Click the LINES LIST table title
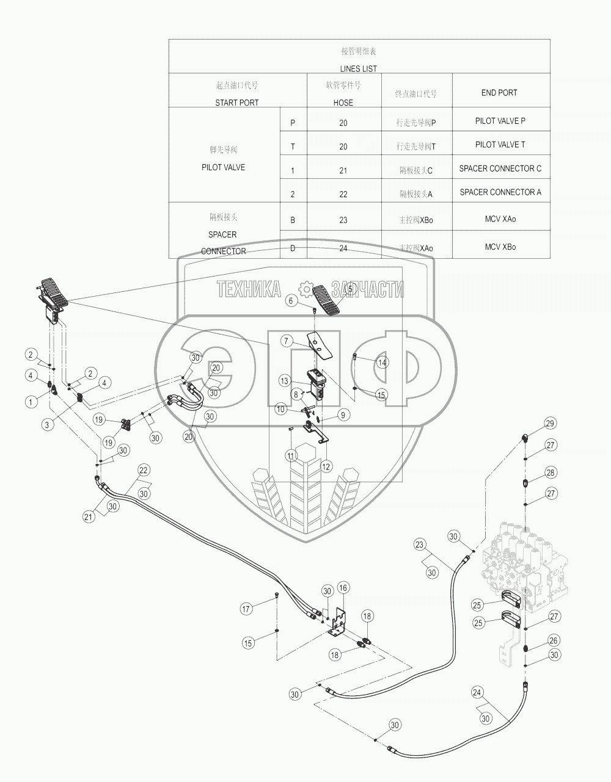[x=358, y=69]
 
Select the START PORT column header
[x=236, y=103]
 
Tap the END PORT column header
[x=499, y=93]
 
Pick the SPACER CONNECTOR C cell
[x=500, y=168]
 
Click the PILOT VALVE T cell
[x=500, y=145]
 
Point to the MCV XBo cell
[x=500, y=247]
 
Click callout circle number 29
[x=550, y=424]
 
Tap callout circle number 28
[x=550, y=472]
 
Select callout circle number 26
[x=554, y=640]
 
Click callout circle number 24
[x=478, y=692]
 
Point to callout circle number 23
[x=419, y=544]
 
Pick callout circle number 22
[x=143, y=470]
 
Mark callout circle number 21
[x=89, y=516]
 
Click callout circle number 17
[x=246, y=609]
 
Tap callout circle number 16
[x=343, y=588]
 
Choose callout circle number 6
[x=291, y=300]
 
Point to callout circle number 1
[x=30, y=402]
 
